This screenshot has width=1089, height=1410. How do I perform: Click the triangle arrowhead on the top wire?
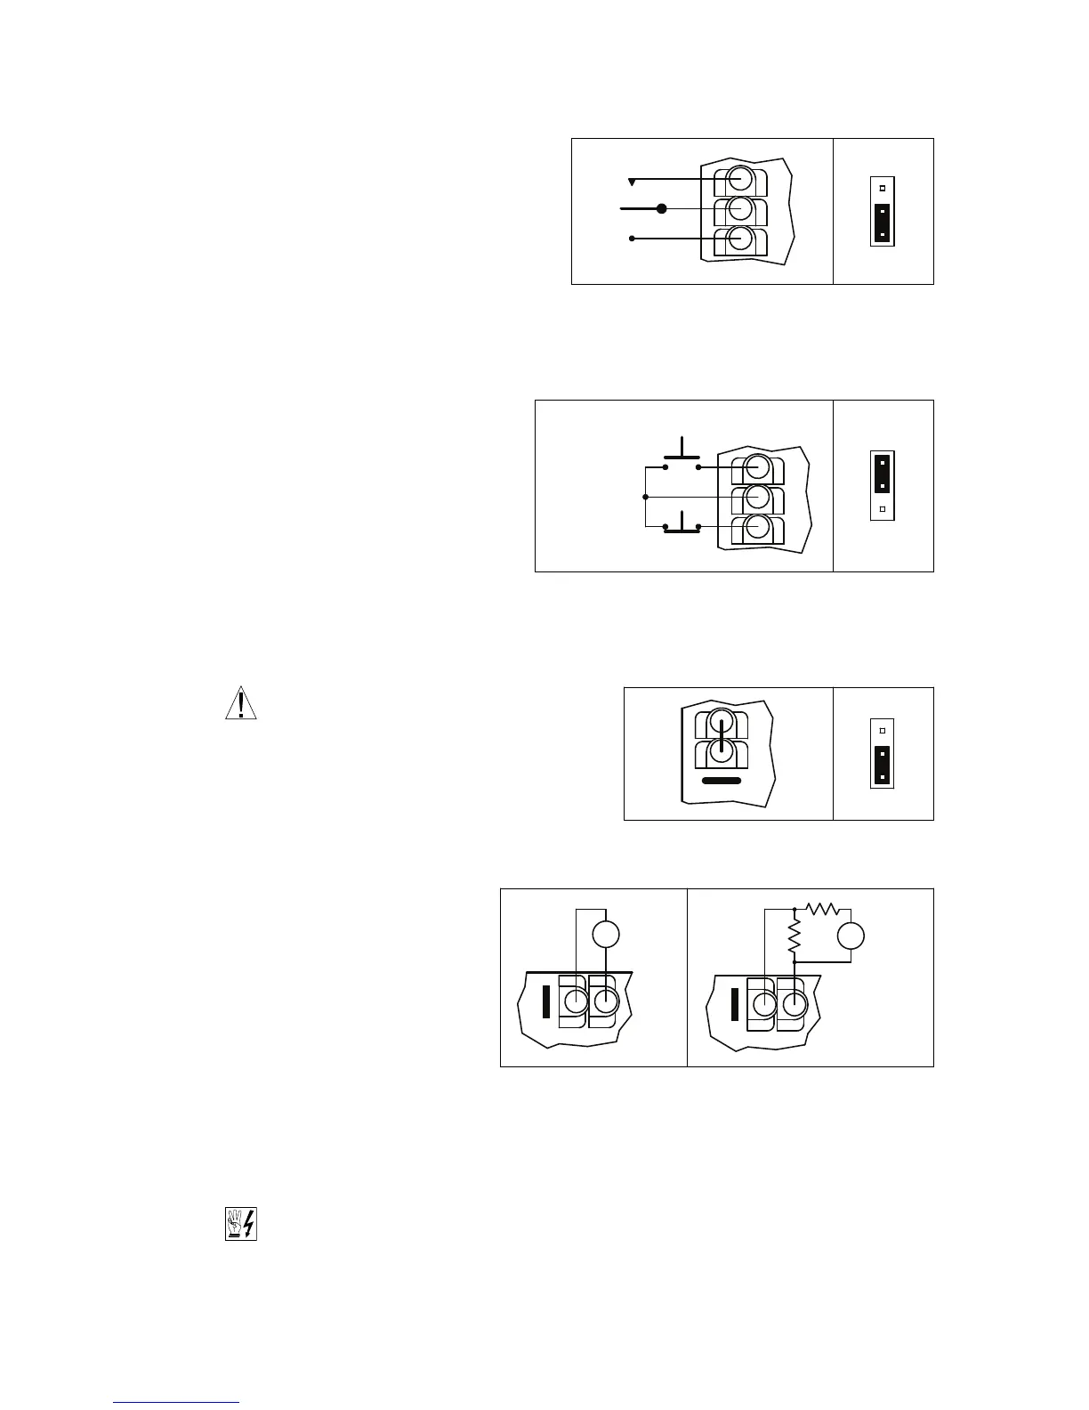tap(632, 182)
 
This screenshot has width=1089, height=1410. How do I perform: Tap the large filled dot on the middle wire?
tap(661, 209)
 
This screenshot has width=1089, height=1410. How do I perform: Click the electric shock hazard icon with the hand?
tap(240, 1225)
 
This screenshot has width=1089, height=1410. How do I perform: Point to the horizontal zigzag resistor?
tap(823, 910)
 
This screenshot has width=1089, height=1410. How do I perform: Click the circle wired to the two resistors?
tap(851, 936)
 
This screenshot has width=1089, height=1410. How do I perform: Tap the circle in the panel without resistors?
tap(605, 935)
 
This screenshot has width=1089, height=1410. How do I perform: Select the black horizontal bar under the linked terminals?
tap(722, 781)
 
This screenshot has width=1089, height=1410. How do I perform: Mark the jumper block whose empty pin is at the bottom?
tap(882, 486)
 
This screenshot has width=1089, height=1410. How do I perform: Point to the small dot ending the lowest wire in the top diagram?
tap(632, 239)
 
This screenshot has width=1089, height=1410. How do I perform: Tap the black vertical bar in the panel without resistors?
tap(546, 1001)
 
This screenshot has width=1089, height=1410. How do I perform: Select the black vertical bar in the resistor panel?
tap(734, 1002)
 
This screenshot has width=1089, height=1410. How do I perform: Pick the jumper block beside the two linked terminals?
tap(882, 753)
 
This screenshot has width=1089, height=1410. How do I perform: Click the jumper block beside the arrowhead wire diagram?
tap(882, 212)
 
